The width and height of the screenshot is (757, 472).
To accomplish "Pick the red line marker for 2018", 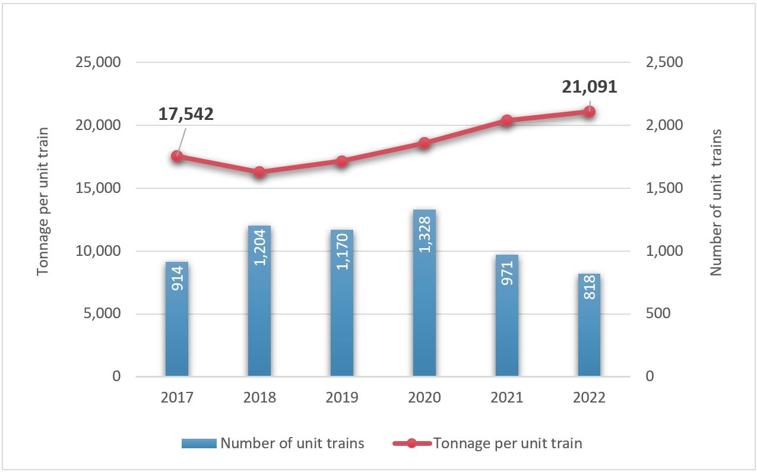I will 259,172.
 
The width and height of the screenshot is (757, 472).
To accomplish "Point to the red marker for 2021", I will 506,121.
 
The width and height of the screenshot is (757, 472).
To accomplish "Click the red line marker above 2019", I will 341,161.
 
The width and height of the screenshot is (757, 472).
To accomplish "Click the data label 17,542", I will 186,115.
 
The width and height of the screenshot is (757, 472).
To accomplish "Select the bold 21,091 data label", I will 590,87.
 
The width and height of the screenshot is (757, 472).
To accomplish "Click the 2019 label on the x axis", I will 341,397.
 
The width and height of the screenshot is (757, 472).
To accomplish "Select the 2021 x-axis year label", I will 506,397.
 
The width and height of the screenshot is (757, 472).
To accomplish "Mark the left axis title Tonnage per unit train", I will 43,202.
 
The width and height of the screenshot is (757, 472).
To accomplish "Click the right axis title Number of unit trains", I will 716,202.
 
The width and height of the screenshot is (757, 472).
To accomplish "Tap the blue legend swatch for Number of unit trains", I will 199,444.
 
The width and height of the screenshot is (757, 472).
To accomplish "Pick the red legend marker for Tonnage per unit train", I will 411,444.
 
